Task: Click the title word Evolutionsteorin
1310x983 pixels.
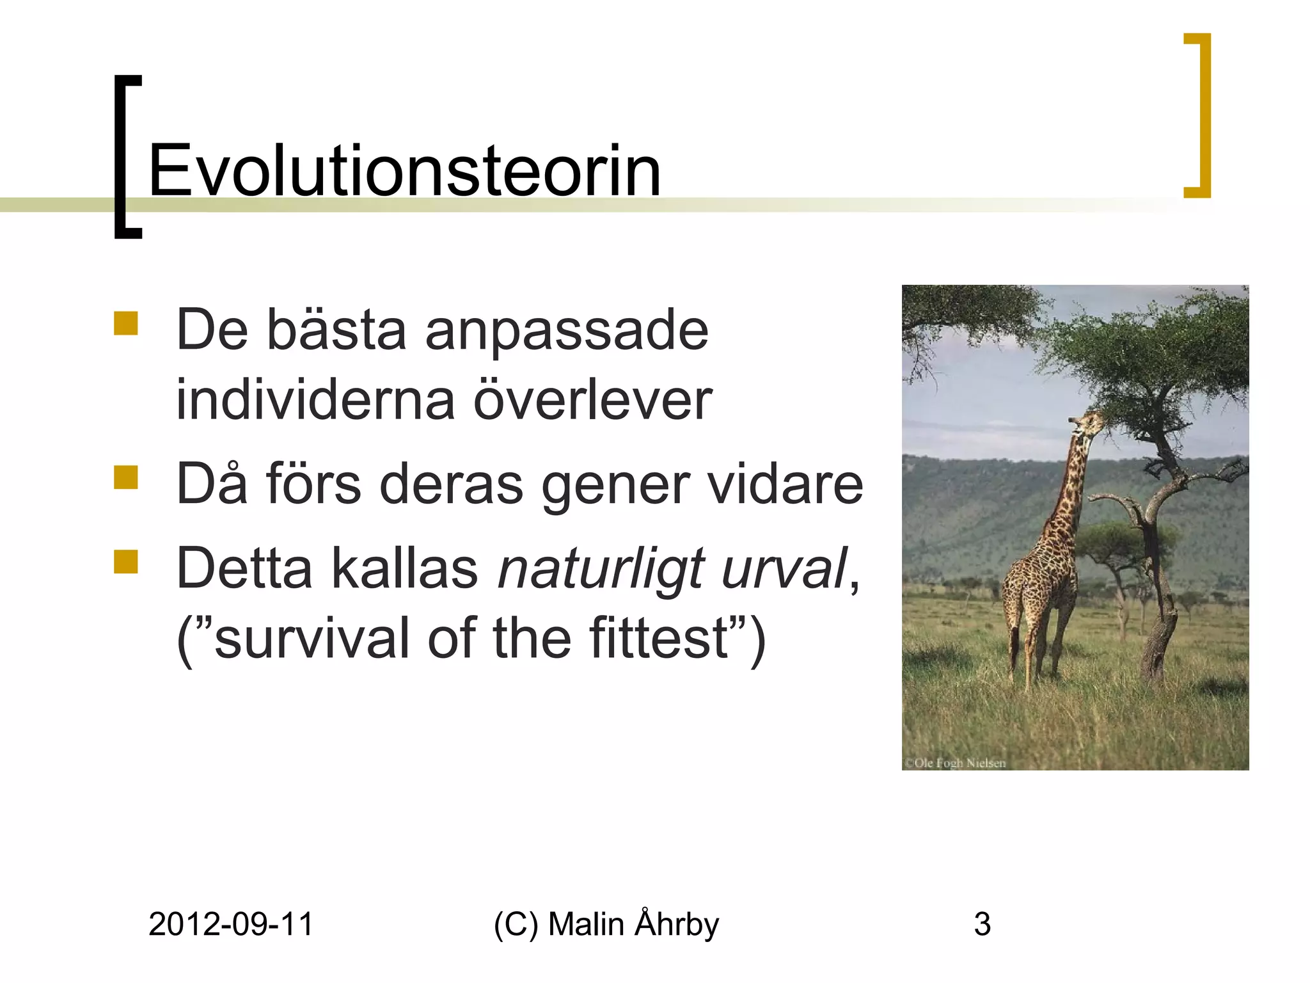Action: (404, 172)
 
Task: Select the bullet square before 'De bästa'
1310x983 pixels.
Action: (126, 323)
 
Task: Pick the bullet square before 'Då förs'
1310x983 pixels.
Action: (126, 477)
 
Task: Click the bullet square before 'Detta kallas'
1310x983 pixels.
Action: (126, 561)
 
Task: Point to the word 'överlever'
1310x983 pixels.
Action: (592, 401)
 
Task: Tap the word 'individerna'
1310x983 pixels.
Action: (315, 401)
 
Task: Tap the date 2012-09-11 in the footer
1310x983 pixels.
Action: (231, 924)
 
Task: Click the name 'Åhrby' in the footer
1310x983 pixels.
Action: (677, 924)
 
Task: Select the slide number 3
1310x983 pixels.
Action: (982, 924)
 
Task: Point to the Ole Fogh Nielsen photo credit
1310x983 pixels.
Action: (955, 763)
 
